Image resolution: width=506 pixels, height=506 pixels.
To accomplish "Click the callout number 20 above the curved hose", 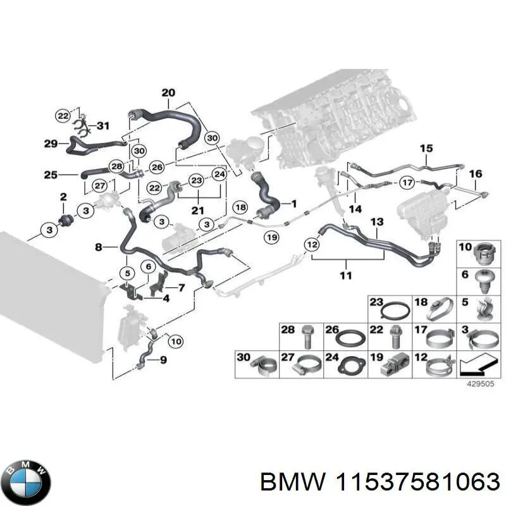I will point(168,94).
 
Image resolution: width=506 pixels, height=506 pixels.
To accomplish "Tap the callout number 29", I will point(52,144).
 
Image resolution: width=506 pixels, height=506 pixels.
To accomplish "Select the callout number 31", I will point(102,125).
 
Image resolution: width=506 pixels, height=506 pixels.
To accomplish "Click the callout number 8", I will point(98,247).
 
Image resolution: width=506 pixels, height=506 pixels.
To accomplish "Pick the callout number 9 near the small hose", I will point(163,361).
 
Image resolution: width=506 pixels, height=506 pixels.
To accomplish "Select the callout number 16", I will point(476,174).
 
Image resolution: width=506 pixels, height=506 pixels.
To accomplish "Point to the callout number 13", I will point(377,222).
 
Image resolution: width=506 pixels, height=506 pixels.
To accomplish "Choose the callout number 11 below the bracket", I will point(346,275).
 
